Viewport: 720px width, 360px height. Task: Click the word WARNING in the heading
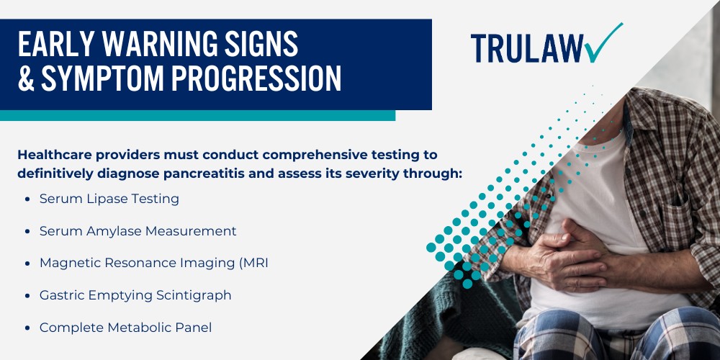158,45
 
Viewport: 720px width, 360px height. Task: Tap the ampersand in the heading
27,78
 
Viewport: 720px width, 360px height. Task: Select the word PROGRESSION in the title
253,78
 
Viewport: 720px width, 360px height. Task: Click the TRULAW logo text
527,48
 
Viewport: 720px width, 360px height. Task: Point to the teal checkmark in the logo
603,44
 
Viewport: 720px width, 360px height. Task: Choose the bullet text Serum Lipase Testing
109,199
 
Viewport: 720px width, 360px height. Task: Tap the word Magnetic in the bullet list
68,263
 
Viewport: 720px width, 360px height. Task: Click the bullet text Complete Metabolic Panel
126,328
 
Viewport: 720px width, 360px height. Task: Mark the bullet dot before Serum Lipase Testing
28,199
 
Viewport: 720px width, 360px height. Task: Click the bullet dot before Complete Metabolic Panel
28,328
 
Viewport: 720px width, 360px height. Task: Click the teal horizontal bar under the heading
197,116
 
